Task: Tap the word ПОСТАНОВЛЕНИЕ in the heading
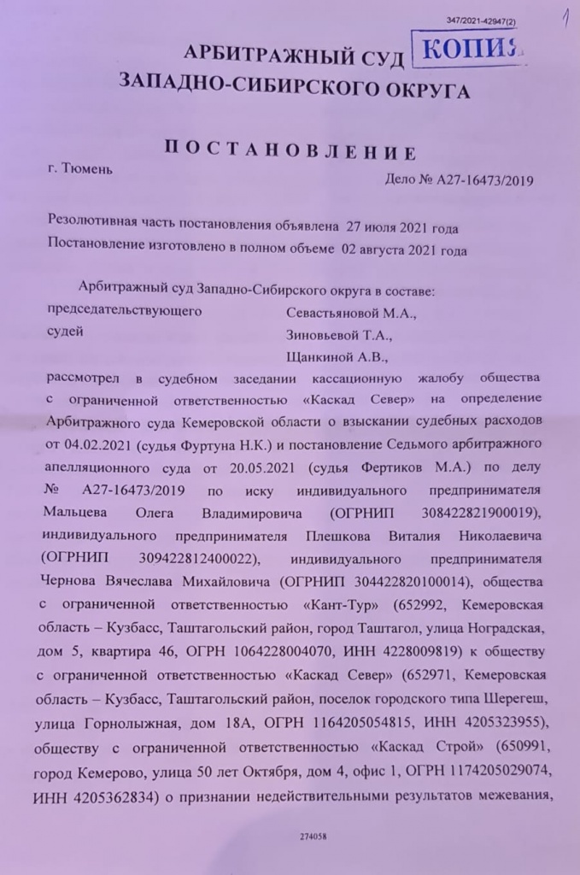pos(290,153)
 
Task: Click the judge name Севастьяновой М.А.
pos(351,311)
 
